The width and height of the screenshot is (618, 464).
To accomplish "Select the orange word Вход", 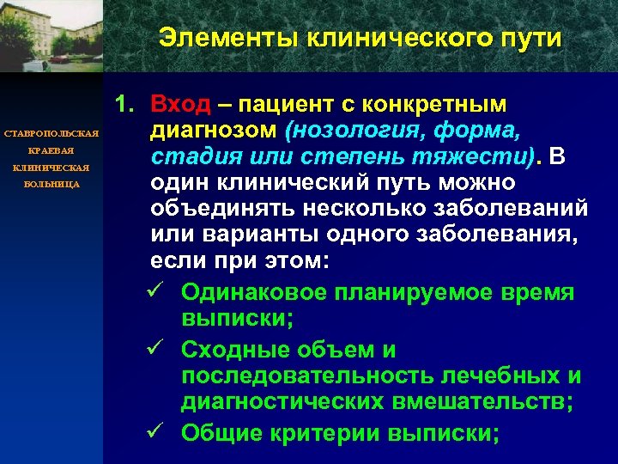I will [x=180, y=105].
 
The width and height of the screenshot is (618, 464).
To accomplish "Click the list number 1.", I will [x=124, y=105].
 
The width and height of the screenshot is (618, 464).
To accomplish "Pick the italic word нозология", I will [x=353, y=131].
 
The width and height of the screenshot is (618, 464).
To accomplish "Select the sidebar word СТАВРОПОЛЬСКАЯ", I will [x=52, y=135].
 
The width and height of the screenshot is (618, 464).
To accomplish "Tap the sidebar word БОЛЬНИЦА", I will [x=52, y=184].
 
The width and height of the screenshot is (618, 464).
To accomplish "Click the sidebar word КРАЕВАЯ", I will [x=52, y=151].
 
